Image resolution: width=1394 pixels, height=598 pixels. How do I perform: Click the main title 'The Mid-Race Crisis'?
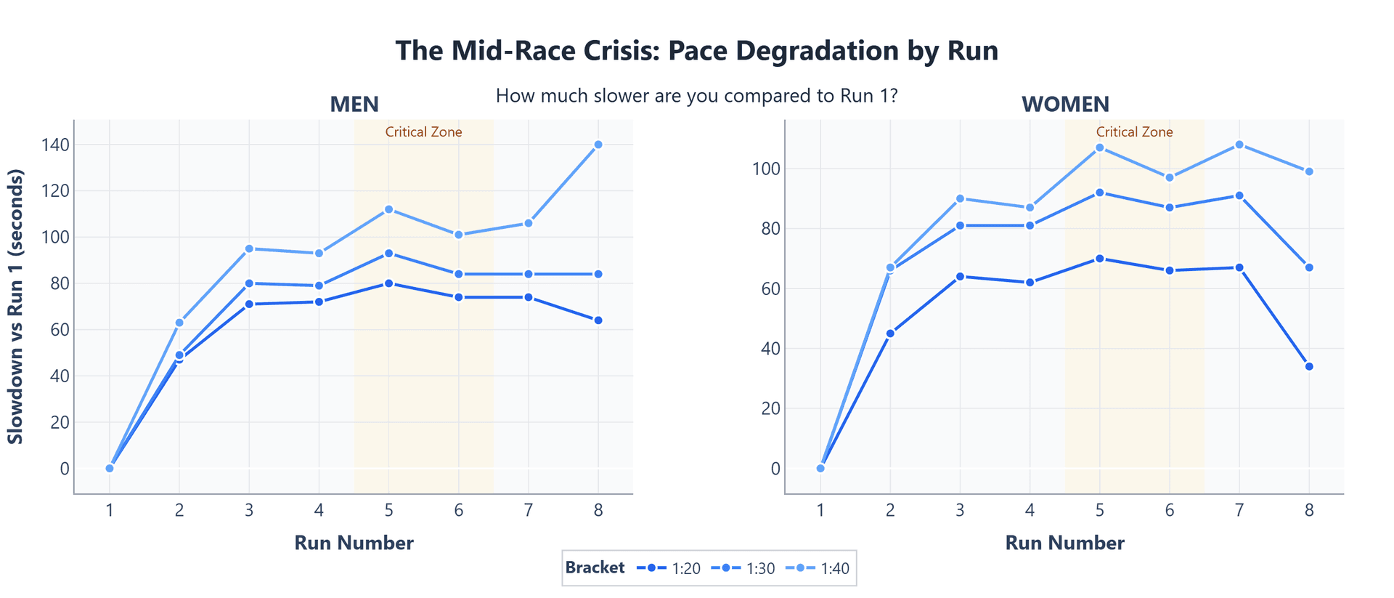(696, 51)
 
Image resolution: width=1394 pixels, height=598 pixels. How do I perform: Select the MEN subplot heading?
(354, 105)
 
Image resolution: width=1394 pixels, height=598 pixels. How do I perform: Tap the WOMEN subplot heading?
(1065, 105)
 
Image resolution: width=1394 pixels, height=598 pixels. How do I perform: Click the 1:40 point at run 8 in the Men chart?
(598, 145)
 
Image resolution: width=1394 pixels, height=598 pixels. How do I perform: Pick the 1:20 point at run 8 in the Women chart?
(1309, 366)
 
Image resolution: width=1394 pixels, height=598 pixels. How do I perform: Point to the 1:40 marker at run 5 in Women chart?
(1100, 148)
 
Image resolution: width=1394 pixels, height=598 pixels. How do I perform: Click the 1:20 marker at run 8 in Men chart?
(598, 320)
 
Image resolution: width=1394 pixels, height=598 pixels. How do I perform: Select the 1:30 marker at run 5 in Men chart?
(389, 254)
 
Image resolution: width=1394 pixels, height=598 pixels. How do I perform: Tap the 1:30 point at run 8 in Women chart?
(1309, 267)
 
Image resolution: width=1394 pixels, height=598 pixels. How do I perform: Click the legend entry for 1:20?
(669, 569)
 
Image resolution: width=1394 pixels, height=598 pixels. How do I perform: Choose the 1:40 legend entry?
(818, 569)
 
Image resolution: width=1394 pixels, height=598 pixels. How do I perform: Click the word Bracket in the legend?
(595, 568)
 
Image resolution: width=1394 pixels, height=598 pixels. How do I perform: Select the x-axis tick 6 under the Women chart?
(1170, 511)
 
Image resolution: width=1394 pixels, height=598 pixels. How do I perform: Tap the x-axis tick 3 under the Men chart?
(249, 511)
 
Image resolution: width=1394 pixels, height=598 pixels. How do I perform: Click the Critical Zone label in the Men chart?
(423, 132)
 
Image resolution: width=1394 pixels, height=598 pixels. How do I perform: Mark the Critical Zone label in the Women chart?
(1134, 132)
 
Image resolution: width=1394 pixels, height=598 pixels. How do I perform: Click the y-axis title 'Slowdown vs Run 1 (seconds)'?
(16, 307)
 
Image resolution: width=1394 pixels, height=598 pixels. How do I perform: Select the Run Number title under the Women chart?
(1064, 543)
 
